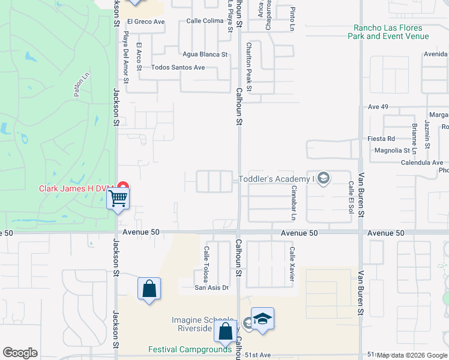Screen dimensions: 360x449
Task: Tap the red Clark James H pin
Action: point(123,187)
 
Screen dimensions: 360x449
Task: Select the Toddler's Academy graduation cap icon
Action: point(324,178)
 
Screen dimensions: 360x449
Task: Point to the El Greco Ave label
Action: point(145,22)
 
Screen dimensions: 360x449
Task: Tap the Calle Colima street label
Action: point(205,20)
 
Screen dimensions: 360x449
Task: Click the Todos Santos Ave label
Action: point(178,67)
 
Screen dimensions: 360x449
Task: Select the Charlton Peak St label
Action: point(249,67)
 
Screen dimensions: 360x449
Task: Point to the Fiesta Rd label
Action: point(381,139)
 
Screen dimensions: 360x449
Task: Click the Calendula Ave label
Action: point(422,163)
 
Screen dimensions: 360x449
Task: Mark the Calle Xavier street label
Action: point(292,257)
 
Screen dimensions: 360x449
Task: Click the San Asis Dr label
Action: point(211,287)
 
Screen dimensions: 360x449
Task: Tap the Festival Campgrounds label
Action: point(190,349)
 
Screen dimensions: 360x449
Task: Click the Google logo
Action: point(20,353)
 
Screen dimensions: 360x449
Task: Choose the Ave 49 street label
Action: point(375,107)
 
